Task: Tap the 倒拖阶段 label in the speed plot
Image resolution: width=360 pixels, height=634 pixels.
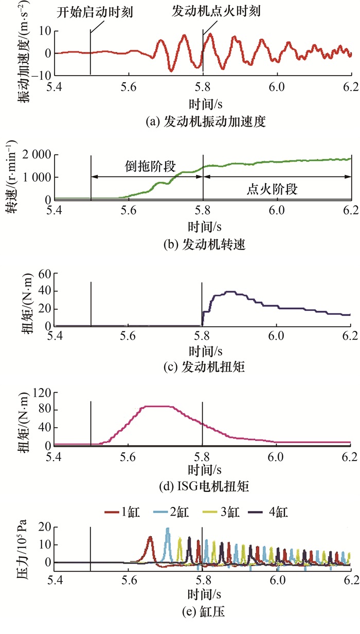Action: (x=151, y=166)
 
